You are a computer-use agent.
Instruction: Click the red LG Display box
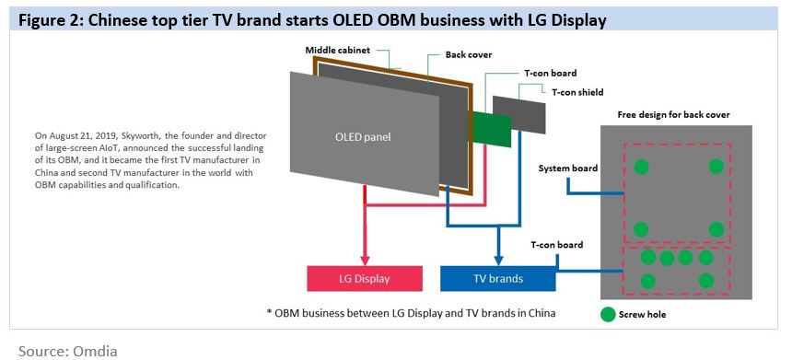pyautogui.click(x=365, y=278)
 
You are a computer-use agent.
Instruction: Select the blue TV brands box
pyautogui.click(x=498, y=278)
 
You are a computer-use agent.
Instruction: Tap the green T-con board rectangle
pyautogui.click(x=493, y=129)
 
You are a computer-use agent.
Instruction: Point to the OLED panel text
pyautogui.click(x=363, y=137)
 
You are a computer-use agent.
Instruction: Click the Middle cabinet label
pyautogui.click(x=337, y=50)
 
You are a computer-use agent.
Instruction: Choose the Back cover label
pyautogui.click(x=468, y=54)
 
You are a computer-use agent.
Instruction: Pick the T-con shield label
pyautogui.click(x=577, y=92)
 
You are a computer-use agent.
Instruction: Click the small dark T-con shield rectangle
pyautogui.click(x=519, y=114)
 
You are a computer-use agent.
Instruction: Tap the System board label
pyautogui.click(x=567, y=168)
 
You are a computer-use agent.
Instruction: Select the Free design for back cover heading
pyautogui.click(x=674, y=114)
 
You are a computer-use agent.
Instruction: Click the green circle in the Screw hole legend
pyautogui.click(x=608, y=315)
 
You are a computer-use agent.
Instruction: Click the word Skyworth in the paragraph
pyautogui.click(x=143, y=136)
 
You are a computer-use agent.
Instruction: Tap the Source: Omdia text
pyautogui.click(x=68, y=351)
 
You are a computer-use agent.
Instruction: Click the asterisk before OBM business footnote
pyautogui.click(x=269, y=312)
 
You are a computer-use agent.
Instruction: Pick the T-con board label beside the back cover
pyautogui.click(x=556, y=245)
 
